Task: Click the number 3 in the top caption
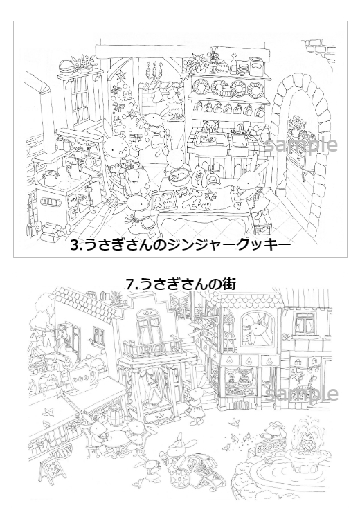(x=75, y=245)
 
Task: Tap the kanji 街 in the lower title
(x=230, y=284)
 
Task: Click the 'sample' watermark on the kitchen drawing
(x=301, y=145)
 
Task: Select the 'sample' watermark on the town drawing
(x=301, y=393)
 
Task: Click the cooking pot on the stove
(x=49, y=177)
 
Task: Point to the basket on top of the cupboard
(x=66, y=65)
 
